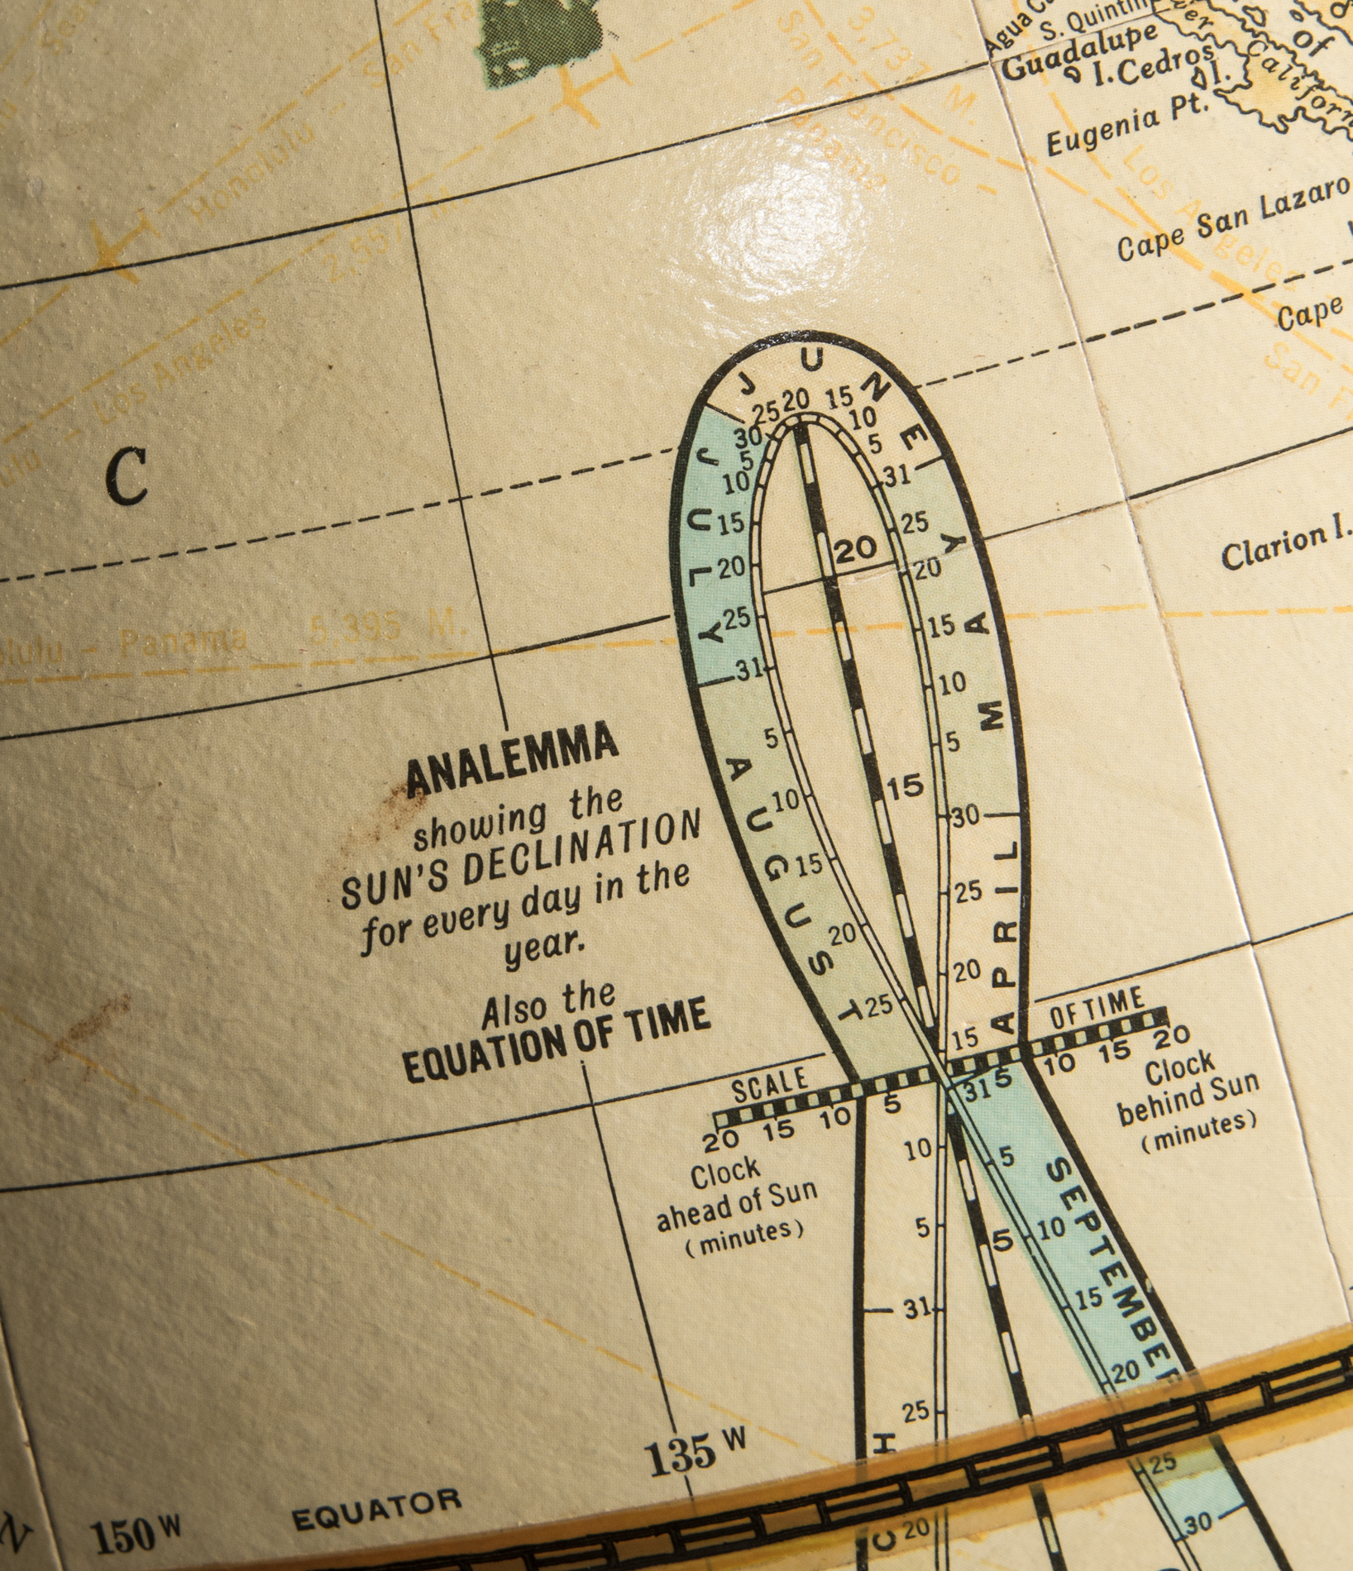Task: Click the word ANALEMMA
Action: pyautogui.click(x=513, y=758)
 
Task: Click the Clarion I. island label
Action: pyautogui.click(x=1285, y=547)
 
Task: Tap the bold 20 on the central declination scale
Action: pyautogui.click(x=855, y=547)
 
